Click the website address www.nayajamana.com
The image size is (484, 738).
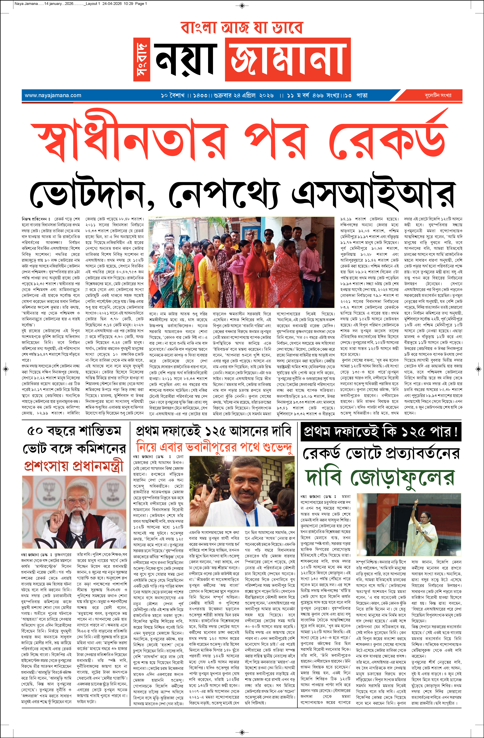53,95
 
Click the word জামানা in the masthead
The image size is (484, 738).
288,59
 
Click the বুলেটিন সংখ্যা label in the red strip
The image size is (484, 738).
438,95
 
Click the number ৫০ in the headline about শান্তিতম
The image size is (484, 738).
35,431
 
